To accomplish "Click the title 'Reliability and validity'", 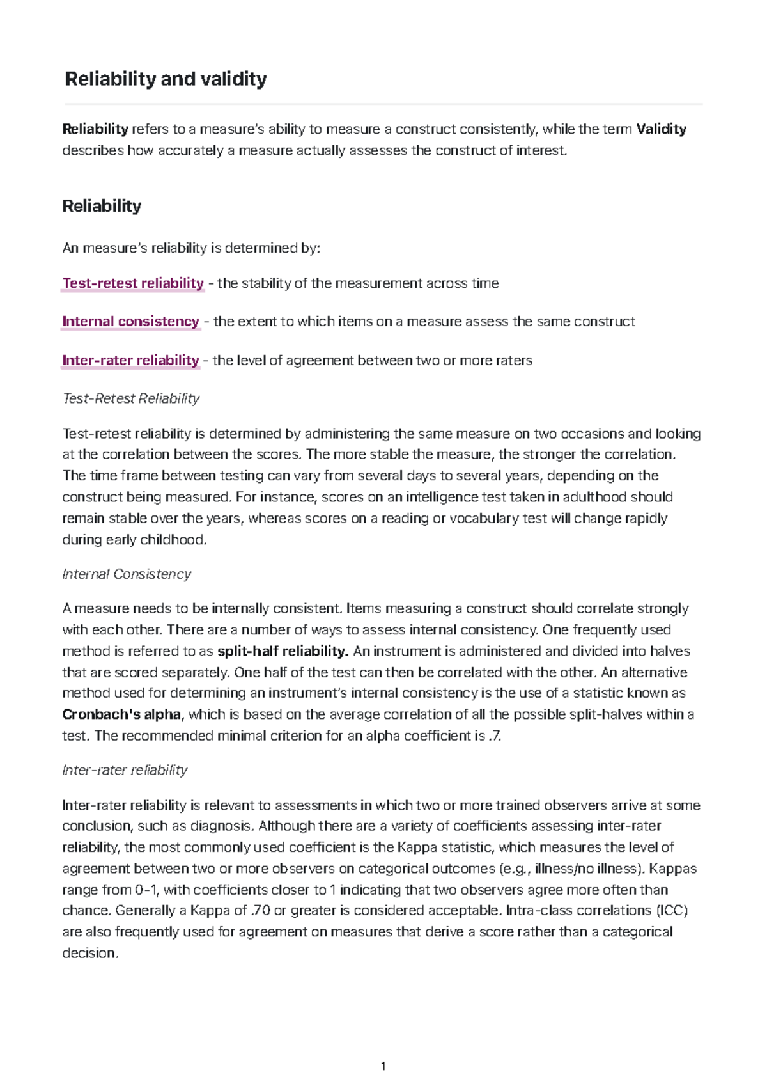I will click(x=166, y=79).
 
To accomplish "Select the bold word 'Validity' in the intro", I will click(x=661, y=129).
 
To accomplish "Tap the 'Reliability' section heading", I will click(x=102, y=206).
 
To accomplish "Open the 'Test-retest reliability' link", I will click(x=133, y=283).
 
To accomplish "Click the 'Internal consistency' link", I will click(x=130, y=321).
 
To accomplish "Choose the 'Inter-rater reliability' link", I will click(x=130, y=360).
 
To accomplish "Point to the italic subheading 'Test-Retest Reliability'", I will click(x=131, y=398).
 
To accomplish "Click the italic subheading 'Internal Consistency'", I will click(x=127, y=574).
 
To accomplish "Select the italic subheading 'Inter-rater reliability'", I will click(x=125, y=770).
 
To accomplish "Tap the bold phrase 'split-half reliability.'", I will click(x=283, y=651).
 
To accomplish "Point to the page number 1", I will click(x=383, y=1066).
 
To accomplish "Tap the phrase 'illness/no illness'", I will click(x=587, y=869).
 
